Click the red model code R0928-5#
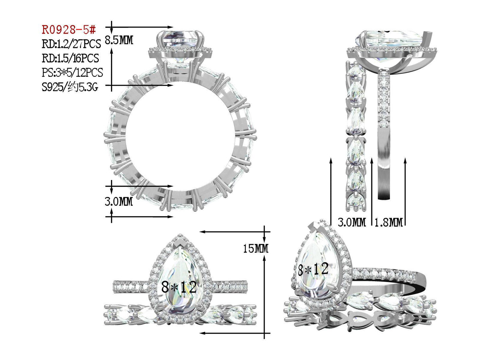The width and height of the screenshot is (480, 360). coord(69,30)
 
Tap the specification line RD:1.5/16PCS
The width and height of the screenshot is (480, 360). coord(70,58)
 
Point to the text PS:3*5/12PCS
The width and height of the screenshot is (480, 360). coord(72,72)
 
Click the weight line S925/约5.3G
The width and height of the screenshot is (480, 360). coord(70,87)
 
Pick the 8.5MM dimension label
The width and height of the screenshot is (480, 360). coord(119,41)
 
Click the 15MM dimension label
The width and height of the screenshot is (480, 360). coord(255,248)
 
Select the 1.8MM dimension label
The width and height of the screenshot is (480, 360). coord(388,222)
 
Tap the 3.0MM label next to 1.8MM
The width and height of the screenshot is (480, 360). coord(351,222)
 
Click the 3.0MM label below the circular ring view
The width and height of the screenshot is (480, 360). coord(119,202)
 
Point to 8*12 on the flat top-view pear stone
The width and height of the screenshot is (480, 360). coord(179,287)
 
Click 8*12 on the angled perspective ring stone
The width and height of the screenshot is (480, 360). coord(313,269)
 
